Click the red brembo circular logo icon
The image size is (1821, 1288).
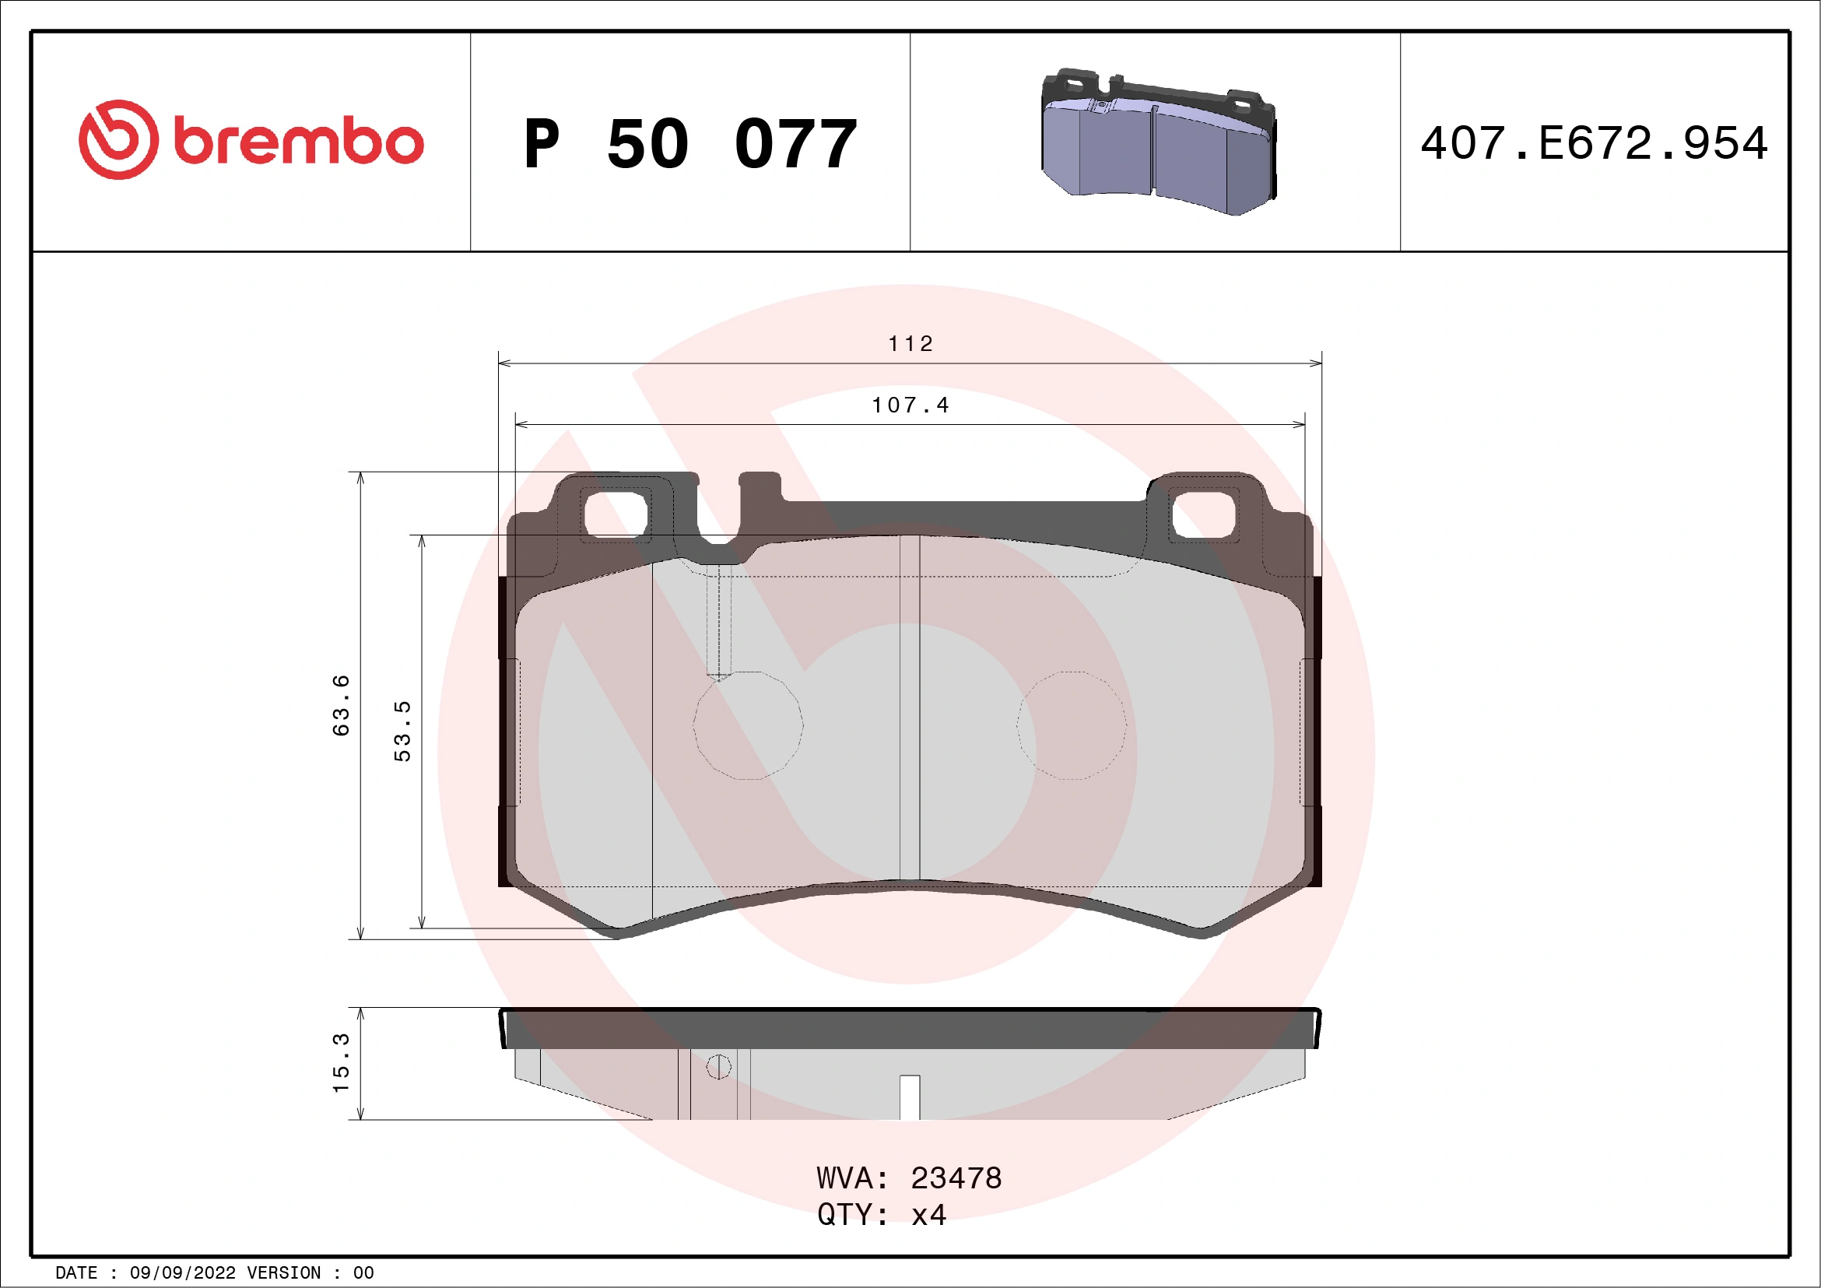(118, 139)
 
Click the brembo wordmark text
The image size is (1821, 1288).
(299, 142)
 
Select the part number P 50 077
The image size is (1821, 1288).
(690, 144)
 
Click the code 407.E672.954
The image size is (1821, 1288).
(1595, 143)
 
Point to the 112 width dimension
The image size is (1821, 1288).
(910, 343)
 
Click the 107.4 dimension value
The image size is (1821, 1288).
(910, 405)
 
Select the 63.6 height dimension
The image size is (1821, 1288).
(340, 705)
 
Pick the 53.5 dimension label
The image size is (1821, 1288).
(402, 731)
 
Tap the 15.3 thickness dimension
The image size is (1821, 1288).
(340, 1063)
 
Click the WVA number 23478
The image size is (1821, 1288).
(956, 1178)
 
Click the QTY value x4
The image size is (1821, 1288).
(928, 1215)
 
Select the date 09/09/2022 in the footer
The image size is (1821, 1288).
(182, 1273)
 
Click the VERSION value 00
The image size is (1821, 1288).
(363, 1273)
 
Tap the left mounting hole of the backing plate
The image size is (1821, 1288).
(616, 514)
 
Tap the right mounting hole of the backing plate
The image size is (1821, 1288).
(1203, 514)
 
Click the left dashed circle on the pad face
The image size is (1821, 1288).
(748, 725)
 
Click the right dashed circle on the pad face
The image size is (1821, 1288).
(1072, 725)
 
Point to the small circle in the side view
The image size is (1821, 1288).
(718, 1067)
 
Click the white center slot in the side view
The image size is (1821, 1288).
(910, 1097)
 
